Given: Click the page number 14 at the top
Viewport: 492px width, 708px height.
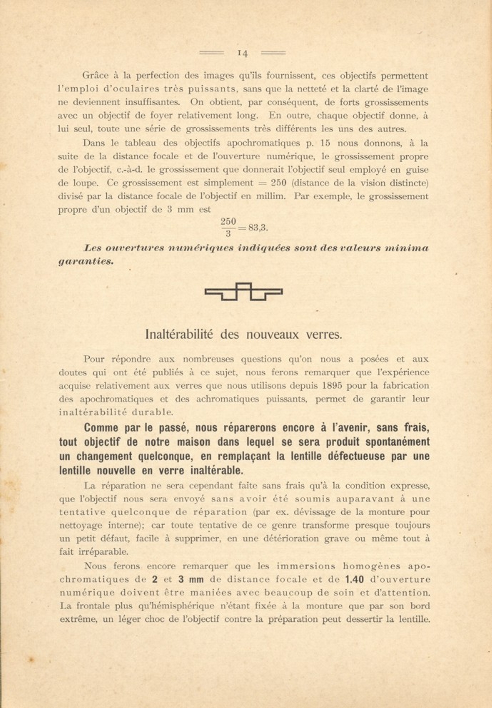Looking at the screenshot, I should pyautogui.click(x=242, y=53).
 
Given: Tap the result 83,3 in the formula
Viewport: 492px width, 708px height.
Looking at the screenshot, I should pyautogui.click(x=258, y=227).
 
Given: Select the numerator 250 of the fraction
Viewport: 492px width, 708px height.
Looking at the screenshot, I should pyautogui.click(x=228, y=221).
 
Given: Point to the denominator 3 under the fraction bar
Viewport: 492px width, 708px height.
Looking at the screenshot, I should pyautogui.click(x=228, y=234).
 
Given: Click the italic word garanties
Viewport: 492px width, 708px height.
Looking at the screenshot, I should pyautogui.click(x=86, y=261).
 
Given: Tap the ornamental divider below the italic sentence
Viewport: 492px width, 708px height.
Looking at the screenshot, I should pyautogui.click(x=244, y=292).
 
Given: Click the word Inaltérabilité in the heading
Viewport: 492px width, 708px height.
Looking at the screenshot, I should pyautogui.click(x=179, y=334).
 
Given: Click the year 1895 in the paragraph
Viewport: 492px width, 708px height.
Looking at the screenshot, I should pyautogui.click(x=332, y=386).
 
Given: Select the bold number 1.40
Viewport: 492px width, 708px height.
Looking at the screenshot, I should pyautogui.click(x=355, y=580).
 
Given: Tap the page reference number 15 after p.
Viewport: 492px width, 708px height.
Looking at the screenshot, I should pyautogui.click(x=325, y=143).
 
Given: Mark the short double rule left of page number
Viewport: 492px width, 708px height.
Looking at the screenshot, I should pyautogui.click(x=211, y=53).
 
